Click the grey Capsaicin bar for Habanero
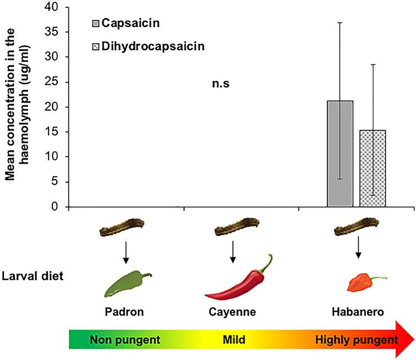(x=340, y=154)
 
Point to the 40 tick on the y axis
(x=55, y=7)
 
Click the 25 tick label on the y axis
(x=55, y=82)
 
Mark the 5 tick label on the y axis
(x=57, y=182)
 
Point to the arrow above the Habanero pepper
(x=358, y=248)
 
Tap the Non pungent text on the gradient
(x=125, y=340)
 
